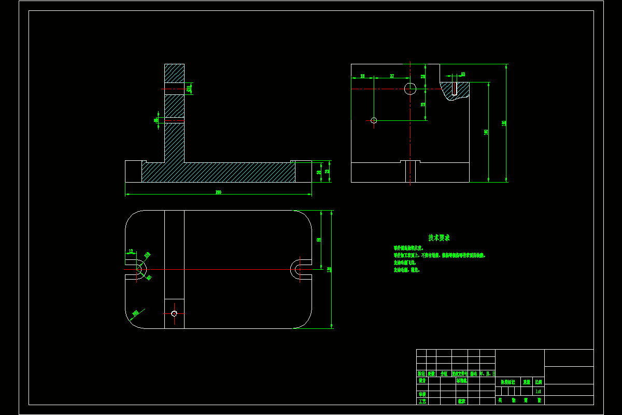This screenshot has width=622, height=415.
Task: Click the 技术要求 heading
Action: click(x=439, y=238)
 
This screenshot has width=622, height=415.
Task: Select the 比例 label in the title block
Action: click(x=539, y=382)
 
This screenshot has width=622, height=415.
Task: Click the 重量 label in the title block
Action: click(x=526, y=382)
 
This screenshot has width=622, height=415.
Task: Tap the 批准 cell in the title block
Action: click(x=461, y=401)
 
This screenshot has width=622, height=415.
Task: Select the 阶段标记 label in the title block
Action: click(x=507, y=382)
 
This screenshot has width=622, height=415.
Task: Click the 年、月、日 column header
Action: click(x=487, y=374)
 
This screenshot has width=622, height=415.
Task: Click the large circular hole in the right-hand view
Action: click(x=411, y=89)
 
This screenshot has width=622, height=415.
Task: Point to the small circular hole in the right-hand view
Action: click(x=374, y=120)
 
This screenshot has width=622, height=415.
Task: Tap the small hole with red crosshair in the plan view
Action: click(x=174, y=313)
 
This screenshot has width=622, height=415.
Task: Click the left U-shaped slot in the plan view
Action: click(x=138, y=269)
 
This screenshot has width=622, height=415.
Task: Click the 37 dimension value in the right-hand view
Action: click(x=392, y=76)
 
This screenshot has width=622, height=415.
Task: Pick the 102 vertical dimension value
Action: click(x=486, y=132)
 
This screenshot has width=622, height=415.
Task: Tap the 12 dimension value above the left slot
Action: click(x=131, y=251)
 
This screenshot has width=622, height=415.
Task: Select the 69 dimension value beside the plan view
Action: click(x=319, y=240)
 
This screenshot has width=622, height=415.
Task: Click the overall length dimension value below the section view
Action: click(x=218, y=192)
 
